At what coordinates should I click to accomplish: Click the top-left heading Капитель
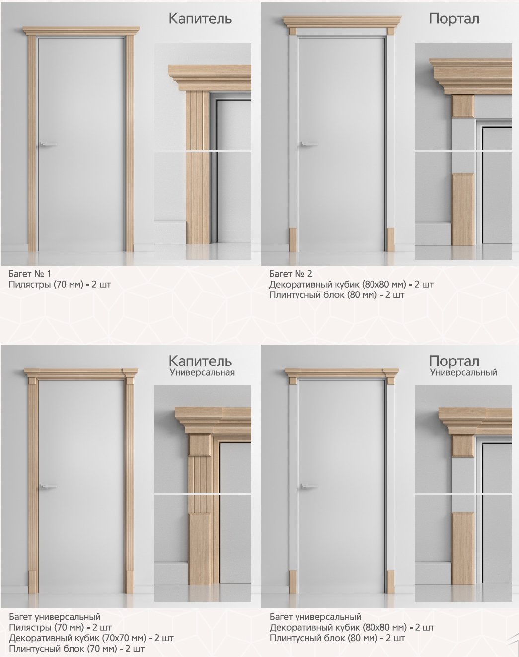(x=200, y=19)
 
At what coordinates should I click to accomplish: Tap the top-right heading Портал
(x=454, y=19)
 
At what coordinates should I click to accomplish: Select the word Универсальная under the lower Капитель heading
(x=203, y=372)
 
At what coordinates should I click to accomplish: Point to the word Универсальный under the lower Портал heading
(x=463, y=372)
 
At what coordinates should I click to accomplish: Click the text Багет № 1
(x=30, y=273)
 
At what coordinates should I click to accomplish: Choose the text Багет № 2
(x=291, y=273)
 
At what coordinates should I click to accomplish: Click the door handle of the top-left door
(x=48, y=144)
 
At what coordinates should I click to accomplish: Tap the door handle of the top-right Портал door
(x=309, y=144)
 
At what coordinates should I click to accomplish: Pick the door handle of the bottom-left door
(x=48, y=486)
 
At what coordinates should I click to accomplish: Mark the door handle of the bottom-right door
(x=309, y=486)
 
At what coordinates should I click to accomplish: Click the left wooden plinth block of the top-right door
(x=293, y=239)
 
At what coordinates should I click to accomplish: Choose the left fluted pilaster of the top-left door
(x=32, y=143)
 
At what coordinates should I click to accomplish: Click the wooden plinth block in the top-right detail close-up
(x=463, y=210)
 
